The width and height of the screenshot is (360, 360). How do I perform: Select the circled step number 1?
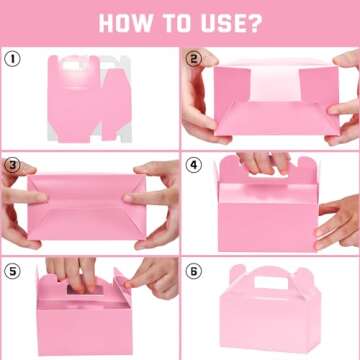[13, 59]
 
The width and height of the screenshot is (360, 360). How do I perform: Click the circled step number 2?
[194, 59]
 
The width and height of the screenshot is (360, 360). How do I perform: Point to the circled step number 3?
[13, 164]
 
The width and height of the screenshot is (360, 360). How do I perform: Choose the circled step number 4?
[194, 164]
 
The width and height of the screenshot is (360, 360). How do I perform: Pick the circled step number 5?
[13, 270]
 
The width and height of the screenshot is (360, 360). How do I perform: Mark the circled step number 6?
[194, 270]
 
